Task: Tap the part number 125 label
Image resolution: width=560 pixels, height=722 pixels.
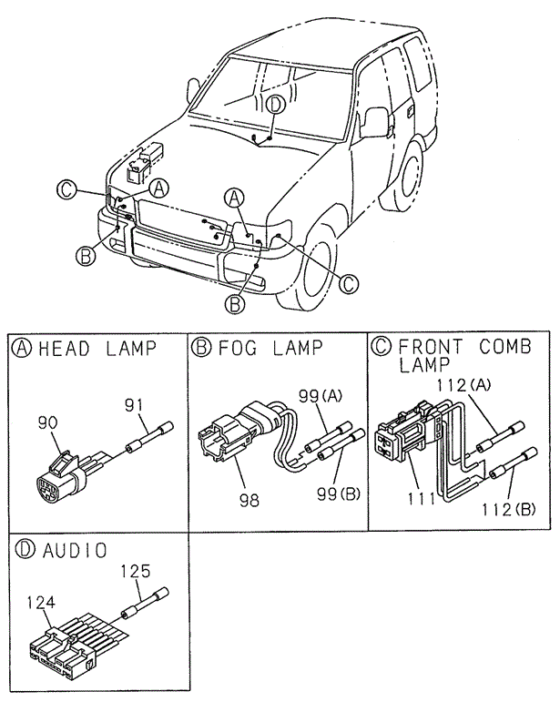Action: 135,572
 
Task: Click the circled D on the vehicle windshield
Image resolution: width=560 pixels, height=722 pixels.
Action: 276,105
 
